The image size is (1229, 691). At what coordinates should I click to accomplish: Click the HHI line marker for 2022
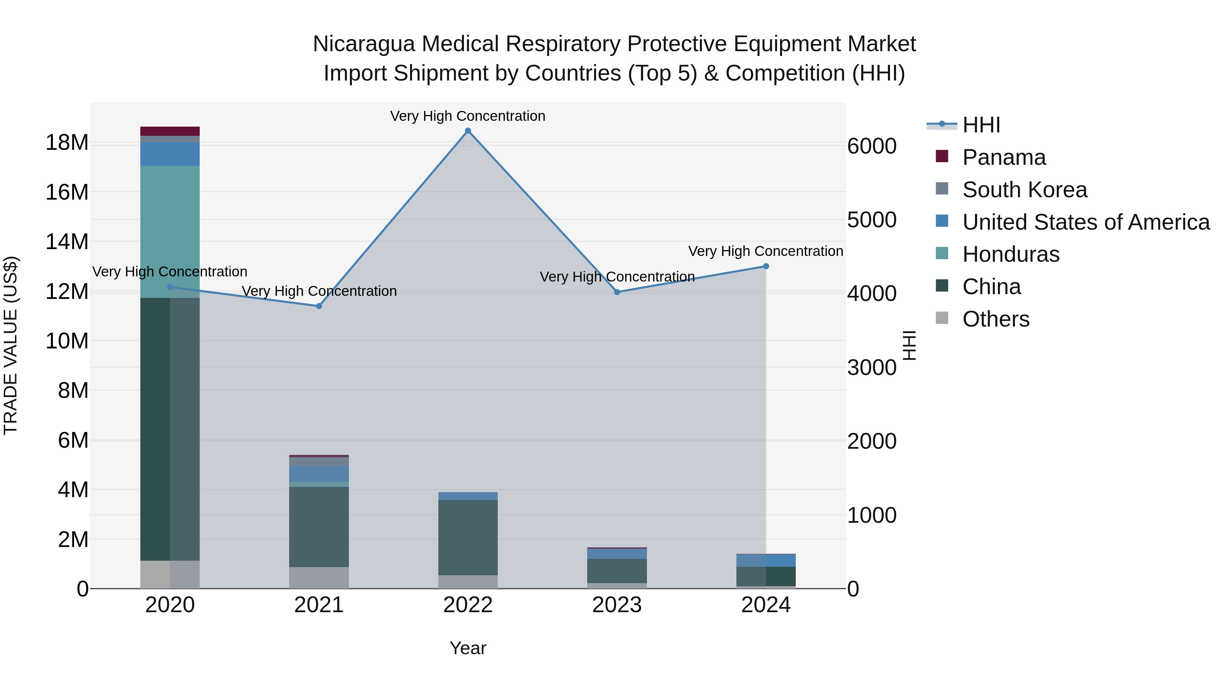click(468, 131)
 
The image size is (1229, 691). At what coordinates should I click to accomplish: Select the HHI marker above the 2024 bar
click(766, 266)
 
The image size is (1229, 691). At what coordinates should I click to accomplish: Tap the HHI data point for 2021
click(319, 306)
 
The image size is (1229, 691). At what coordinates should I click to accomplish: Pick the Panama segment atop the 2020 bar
click(170, 131)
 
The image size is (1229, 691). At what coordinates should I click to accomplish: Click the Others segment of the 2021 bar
click(319, 577)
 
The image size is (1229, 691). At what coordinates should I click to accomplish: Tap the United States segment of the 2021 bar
click(319, 474)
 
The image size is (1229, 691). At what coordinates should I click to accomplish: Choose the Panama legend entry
click(1003, 157)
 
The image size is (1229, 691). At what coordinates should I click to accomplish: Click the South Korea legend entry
click(1024, 190)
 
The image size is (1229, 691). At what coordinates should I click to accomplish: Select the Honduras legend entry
click(1011, 254)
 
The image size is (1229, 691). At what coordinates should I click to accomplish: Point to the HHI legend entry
click(981, 125)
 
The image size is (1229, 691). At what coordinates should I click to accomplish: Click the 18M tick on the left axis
click(67, 143)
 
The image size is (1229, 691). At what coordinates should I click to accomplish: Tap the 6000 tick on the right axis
click(872, 146)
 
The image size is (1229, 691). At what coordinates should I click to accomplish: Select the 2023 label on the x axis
click(617, 605)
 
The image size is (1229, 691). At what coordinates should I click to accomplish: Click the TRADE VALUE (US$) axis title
click(11, 345)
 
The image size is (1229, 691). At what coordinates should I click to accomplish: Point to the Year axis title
click(468, 648)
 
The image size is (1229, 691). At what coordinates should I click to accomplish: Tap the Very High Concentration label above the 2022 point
click(468, 116)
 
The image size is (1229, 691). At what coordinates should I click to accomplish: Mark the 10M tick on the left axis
click(67, 341)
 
